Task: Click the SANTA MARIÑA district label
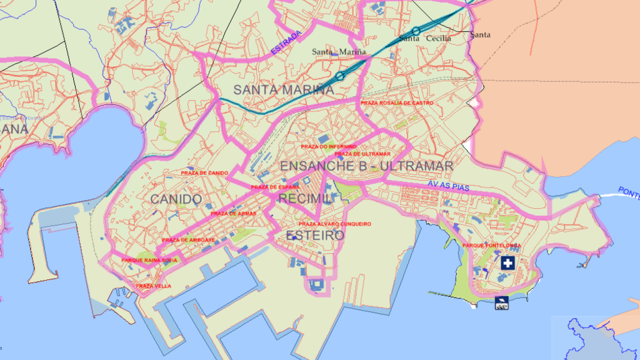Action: (284, 90)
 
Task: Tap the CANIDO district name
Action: (176, 199)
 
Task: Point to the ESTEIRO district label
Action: (315, 236)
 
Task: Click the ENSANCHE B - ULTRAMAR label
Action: (366, 166)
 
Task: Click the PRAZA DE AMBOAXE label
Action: (188, 240)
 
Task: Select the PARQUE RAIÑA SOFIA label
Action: (149, 260)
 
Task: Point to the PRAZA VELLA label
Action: (153, 286)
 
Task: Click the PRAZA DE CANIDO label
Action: (204, 172)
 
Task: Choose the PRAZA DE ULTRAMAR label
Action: (362, 154)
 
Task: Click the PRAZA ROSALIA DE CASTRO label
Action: (397, 102)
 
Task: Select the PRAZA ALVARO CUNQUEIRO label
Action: (335, 224)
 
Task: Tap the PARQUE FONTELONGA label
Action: (492, 246)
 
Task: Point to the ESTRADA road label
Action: (286, 41)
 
